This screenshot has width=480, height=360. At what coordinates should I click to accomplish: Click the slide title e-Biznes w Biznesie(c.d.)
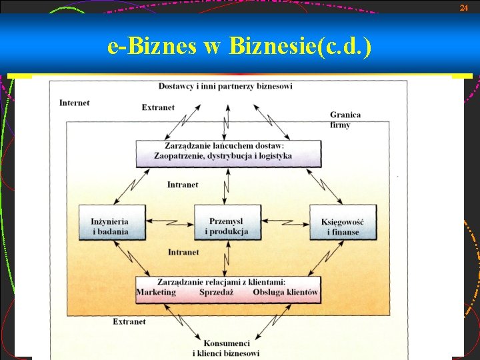point(239,46)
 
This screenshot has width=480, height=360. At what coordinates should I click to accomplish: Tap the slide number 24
point(464,7)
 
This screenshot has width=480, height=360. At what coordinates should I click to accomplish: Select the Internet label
point(74,103)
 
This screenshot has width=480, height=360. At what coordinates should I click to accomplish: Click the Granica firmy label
point(345,119)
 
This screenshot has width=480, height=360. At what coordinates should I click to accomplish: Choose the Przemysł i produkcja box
point(227,226)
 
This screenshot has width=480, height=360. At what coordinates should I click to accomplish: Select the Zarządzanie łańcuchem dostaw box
point(227,151)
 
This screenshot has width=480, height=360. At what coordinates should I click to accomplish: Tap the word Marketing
point(156,292)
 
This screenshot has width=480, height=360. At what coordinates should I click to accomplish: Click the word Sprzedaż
point(215,292)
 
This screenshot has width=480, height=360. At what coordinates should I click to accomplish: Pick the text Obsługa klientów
point(285,292)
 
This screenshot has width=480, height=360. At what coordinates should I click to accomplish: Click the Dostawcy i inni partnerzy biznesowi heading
point(225,86)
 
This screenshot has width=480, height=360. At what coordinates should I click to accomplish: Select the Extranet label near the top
point(158,107)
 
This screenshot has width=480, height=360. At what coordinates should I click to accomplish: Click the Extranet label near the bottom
point(129,321)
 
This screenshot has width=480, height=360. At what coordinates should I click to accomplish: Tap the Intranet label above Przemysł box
point(182,185)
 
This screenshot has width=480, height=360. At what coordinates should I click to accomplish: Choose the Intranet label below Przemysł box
point(183,252)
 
